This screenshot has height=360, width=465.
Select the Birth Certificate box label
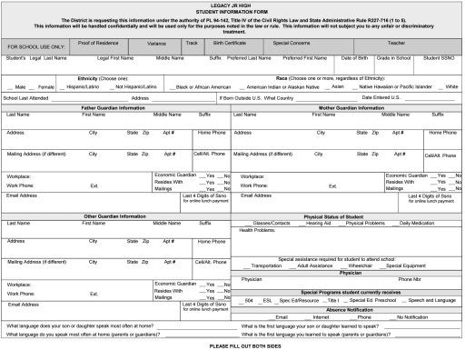coord(229,43)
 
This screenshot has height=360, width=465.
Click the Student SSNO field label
coord(440,57)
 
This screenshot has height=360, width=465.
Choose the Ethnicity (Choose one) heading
coord(100,78)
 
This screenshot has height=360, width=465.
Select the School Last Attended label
coord(25,97)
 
